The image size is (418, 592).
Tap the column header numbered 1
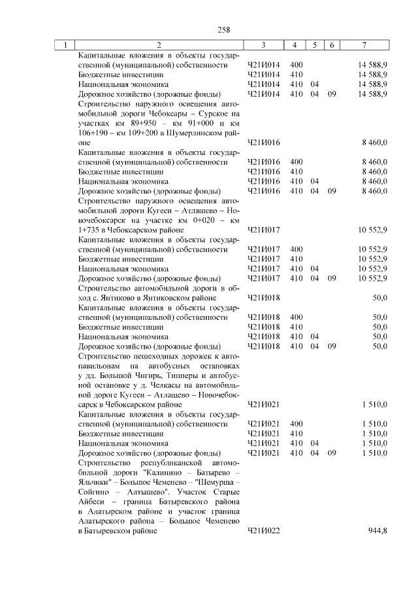pyautogui.click(x=65, y=45)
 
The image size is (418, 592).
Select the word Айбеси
pyautogui.click(x=91, y=502)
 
